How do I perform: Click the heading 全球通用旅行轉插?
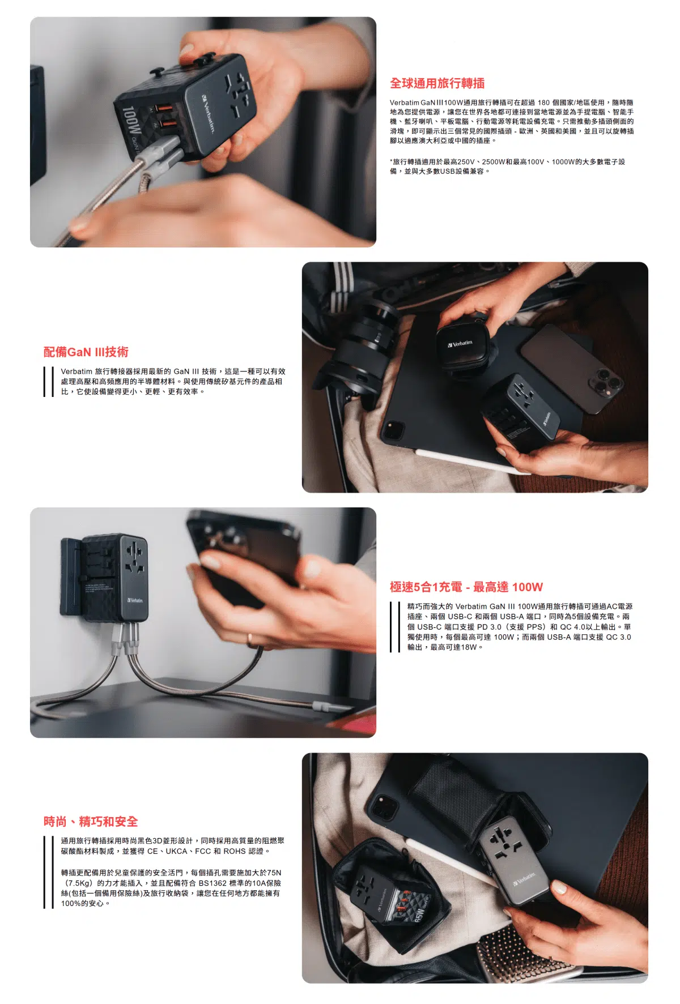pos(437,84)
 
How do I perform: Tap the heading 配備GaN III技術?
pos(86,352)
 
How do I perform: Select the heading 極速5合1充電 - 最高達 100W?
pos(466,587)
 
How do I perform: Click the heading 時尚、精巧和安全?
pos(91,822)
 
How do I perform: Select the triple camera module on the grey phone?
pos(606,382)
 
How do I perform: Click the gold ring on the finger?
pos(249,640)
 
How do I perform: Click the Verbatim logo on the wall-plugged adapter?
pos(135,600)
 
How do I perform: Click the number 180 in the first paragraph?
pos(543,102)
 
